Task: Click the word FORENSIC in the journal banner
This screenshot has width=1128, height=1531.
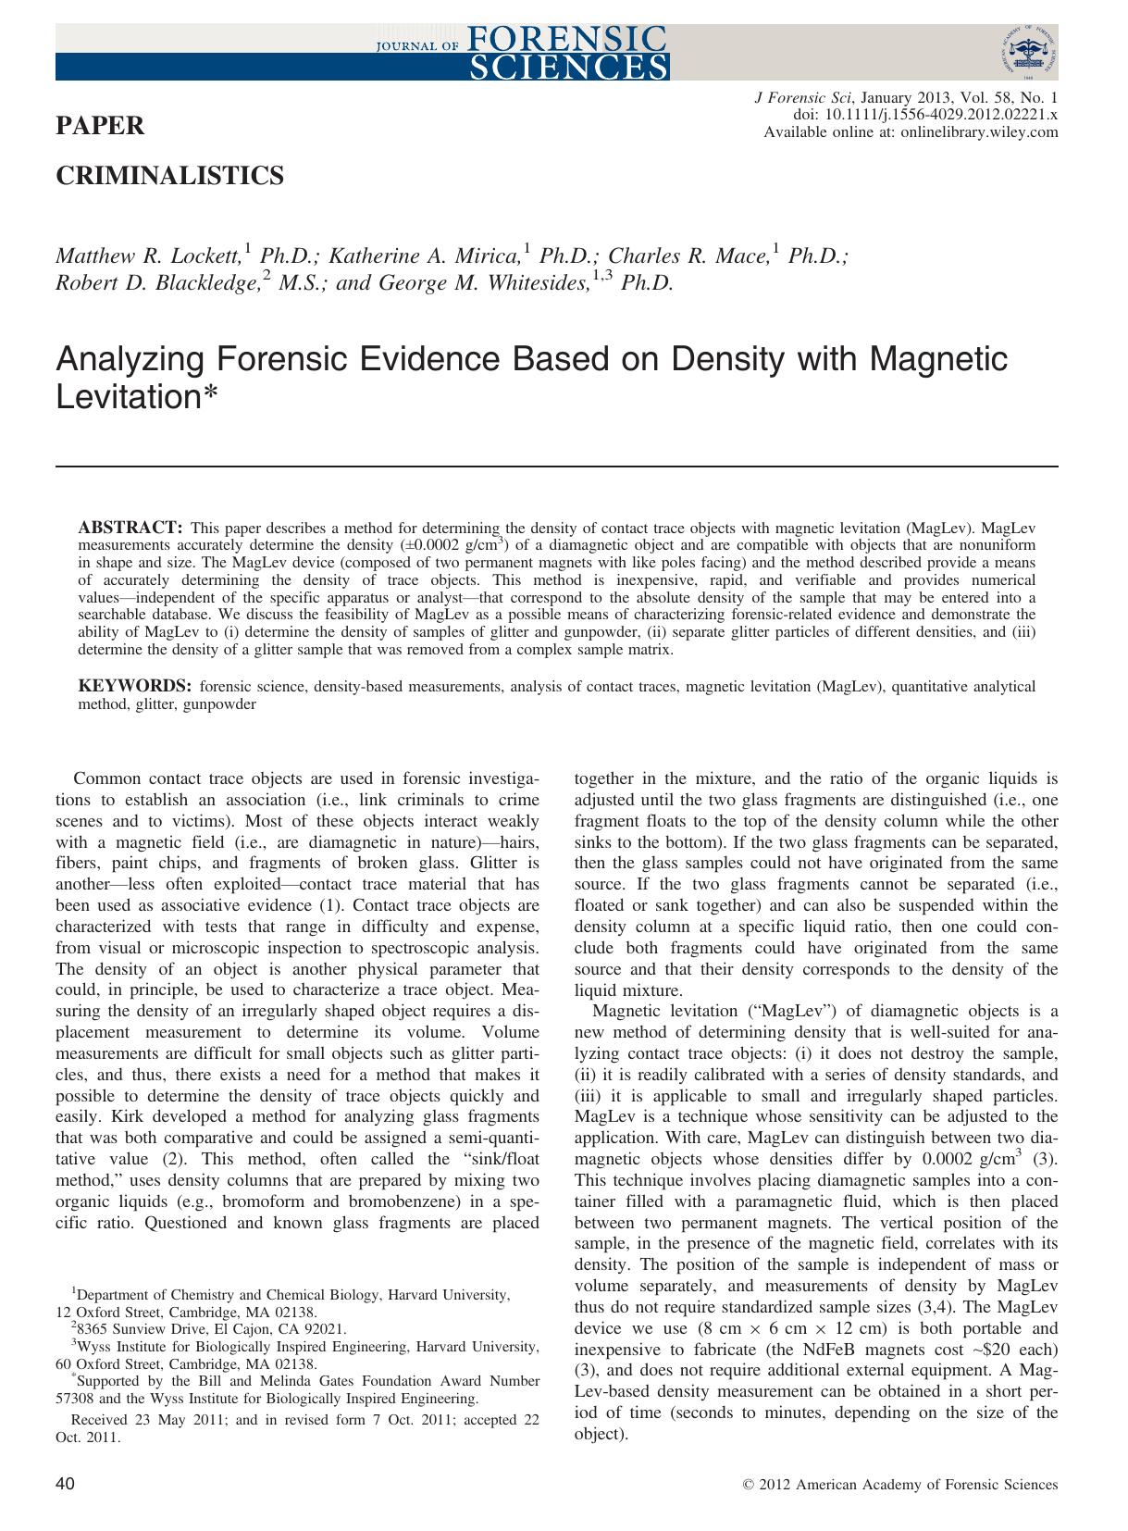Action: click(568, 38)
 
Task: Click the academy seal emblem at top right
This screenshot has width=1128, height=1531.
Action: click(1027, 54)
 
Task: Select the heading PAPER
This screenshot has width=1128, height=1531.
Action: click(101, 126)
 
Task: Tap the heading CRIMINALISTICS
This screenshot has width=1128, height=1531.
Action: click(170, 176)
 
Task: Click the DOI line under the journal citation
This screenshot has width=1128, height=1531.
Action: click(925, 115)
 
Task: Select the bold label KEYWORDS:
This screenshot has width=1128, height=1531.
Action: click(134, 687)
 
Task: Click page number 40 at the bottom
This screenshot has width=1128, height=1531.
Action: click(66, 1484)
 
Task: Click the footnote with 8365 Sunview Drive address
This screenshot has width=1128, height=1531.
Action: click(208, 1329)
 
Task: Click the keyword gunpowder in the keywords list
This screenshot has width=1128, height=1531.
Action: click(219, 703)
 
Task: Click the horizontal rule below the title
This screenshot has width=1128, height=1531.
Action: click(556, 466)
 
